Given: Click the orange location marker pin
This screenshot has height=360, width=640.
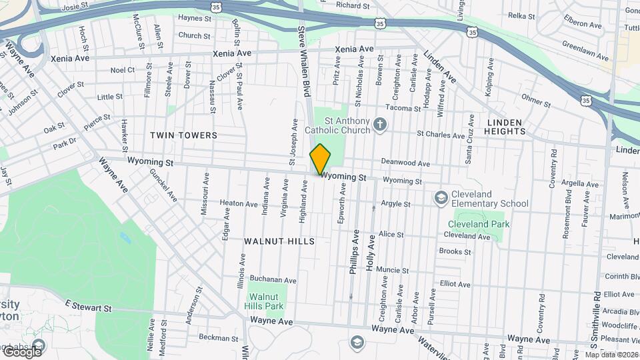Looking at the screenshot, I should tap(320, 159).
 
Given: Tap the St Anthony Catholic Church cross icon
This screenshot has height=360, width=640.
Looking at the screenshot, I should tap(380, 124).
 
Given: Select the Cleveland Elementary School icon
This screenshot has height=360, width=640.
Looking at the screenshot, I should tap(441, 198).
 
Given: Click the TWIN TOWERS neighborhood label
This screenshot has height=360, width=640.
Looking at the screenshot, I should tap(184, 135).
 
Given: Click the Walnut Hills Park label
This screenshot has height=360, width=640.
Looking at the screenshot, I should tap(266, 301).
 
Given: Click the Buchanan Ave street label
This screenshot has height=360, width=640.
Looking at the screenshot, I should tap(273, 280).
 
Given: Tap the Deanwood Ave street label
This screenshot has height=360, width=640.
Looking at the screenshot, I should tap(405, 162).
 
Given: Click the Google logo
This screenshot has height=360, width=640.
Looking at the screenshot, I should tap(22, 351).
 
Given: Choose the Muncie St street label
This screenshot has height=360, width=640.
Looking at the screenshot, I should tap(392, 271).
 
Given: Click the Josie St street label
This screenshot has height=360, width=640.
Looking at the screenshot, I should tap(75, 9).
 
